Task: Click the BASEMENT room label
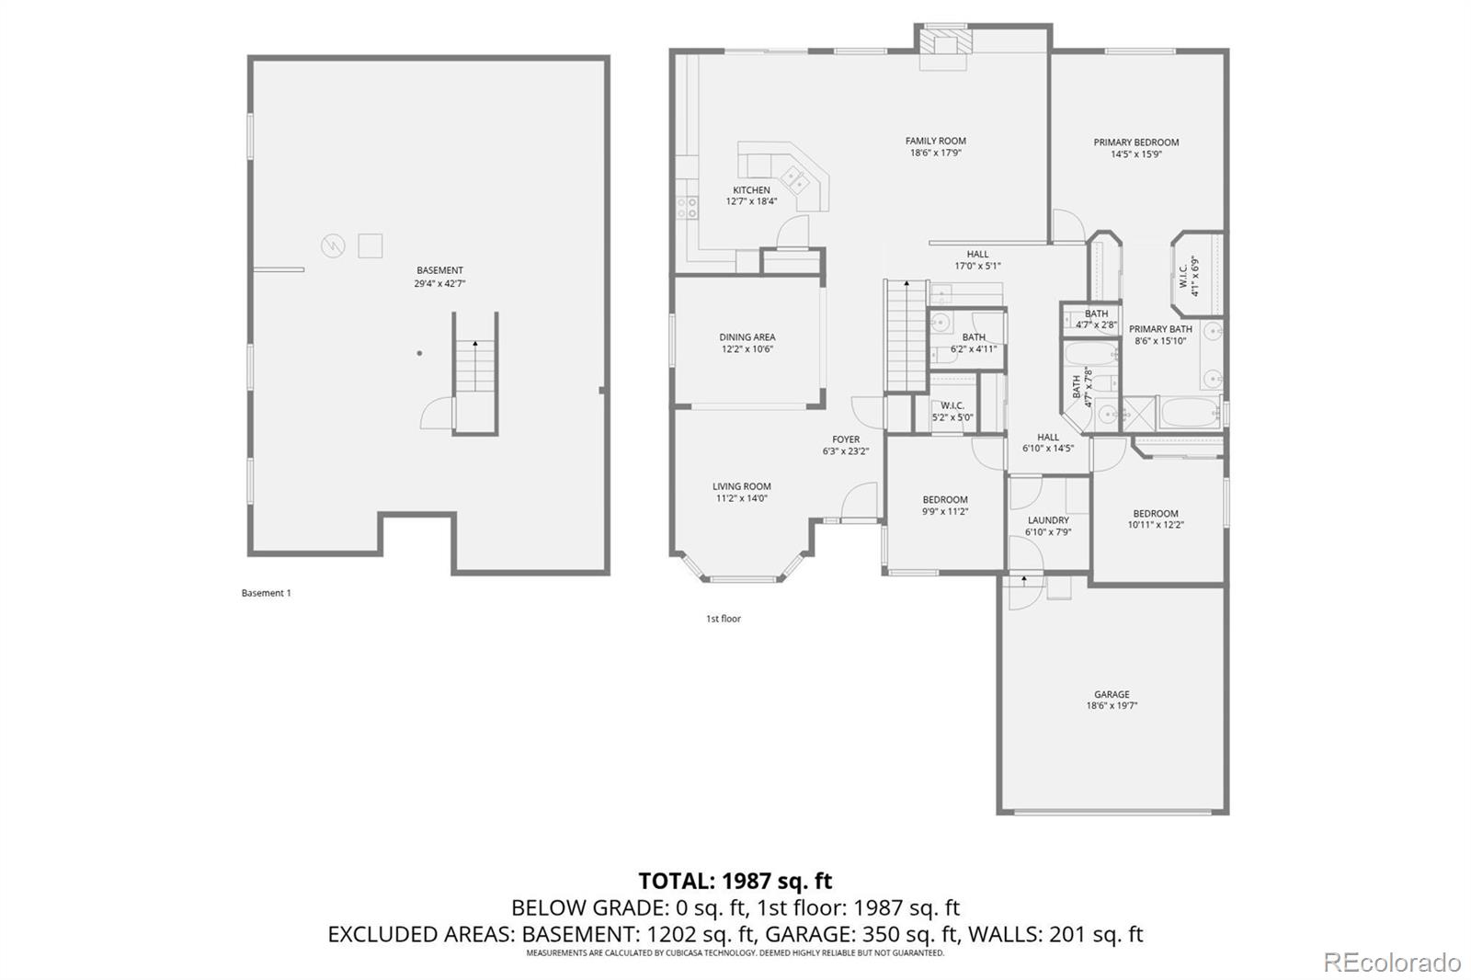click(439, 270)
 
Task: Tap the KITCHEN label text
click(751, 189)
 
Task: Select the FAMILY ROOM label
click(935, 141)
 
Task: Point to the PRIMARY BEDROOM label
click(1136, 142)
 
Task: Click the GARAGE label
click(1112, 693)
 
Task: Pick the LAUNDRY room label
click(1048, 519)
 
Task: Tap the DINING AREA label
click(747, 337)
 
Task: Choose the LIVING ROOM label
click(741, 486)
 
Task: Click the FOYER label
click(846, 439)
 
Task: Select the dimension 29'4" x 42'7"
click(439, 284)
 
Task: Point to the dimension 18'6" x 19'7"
click(1112, 705)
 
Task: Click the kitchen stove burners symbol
click(687, 208)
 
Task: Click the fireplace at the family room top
click(943, 43)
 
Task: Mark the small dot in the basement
click(419, 353)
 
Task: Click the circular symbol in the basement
click(333, 246)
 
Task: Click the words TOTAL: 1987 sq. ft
click(735, 880)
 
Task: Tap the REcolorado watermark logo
click(1392, 963)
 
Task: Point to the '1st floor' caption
click(723, 618)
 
